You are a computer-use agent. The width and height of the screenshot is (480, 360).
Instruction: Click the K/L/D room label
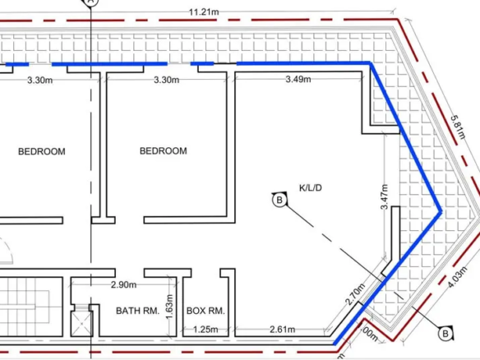point(311,187)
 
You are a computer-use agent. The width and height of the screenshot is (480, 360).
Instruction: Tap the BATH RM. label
point(138,311)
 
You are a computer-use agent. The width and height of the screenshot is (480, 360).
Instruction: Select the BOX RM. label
point(205,311)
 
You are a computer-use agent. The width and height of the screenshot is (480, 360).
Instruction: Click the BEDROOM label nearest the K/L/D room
point(164,151)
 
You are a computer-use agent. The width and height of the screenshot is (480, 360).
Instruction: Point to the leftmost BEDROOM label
point(42,151)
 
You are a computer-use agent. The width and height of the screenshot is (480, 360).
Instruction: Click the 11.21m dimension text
point(204,12)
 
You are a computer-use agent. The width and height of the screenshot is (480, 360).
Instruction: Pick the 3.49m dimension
point(298,80)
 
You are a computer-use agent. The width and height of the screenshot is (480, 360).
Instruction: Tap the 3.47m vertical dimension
point(385,196)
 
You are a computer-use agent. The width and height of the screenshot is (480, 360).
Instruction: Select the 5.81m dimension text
point(458,127)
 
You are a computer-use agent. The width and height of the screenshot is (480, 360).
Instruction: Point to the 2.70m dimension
point(355,294)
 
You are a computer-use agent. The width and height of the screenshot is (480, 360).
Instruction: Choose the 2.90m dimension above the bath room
point(123,285)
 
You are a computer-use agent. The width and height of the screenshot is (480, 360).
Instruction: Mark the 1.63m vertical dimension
point(169,307)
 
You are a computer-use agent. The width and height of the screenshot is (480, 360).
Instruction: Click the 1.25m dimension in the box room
point(205,330)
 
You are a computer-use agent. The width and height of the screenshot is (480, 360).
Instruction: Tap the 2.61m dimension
point(283,330)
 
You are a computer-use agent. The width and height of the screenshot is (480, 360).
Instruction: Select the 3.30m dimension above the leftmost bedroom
point(39,81)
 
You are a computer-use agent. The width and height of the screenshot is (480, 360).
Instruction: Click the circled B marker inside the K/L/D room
point(279,201)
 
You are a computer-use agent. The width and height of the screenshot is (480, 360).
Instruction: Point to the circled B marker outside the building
point(445,334)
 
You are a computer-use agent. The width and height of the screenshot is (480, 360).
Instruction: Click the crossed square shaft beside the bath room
point(81,324)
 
